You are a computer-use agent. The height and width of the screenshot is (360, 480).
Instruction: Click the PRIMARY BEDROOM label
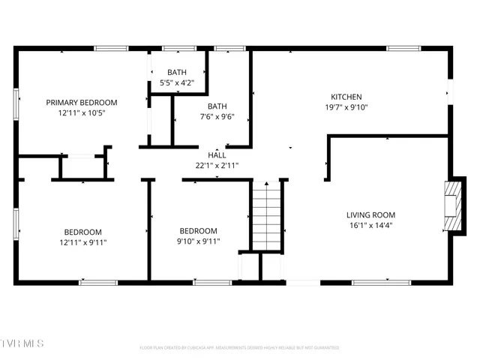point(82,102)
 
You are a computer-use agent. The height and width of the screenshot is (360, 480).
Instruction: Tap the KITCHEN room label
point(346,97)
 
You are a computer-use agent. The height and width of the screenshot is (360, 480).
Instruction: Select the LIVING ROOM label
point(370,214)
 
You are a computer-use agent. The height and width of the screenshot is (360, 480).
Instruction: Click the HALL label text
point(217,155)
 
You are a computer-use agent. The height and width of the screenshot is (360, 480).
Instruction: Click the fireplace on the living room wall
point(451,208)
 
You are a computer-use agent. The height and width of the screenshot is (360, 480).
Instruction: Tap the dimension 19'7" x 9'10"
point(346,107)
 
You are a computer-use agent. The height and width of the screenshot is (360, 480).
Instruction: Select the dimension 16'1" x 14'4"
point(370,225)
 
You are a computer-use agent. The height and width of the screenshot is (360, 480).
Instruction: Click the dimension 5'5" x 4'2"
point(177,82)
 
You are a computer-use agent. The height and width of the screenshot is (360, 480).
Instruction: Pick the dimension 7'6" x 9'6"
point(217,116)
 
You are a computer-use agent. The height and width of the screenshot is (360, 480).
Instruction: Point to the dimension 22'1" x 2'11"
point(217,165)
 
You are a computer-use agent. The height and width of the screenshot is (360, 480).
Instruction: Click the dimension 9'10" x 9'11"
point(198,241)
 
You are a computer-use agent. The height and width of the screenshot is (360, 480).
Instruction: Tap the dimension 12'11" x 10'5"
point(82,112)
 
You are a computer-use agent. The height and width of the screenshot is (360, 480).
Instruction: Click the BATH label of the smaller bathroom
point(177,72)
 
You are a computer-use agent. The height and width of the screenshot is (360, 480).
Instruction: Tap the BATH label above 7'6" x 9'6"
point(217,106)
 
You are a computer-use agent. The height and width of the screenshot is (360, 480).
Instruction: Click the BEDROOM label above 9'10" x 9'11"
point(198,230)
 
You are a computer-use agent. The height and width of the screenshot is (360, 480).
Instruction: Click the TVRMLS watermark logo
point(22,343)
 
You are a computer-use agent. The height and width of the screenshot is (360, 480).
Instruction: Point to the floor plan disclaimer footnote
point(239,348)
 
